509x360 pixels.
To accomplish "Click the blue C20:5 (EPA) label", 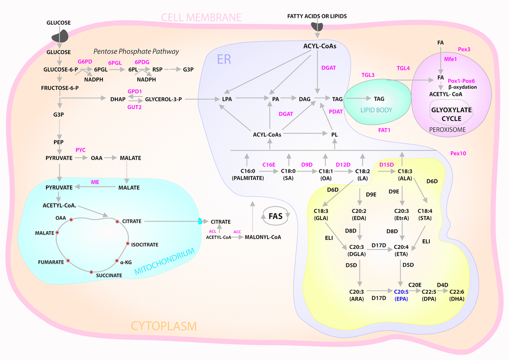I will [402, 295].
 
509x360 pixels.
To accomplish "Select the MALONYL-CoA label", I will [262, 237].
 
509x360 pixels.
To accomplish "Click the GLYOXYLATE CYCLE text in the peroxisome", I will [452, 115].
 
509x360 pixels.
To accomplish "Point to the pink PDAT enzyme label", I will [336, 112].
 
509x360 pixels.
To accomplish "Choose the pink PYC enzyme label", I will [81, 150].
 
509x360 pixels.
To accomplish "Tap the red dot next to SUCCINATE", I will [91, 271].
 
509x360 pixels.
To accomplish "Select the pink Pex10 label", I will [458, 154].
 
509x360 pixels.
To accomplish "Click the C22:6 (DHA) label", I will [457, 295].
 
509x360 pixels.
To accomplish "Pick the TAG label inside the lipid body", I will [379, 99].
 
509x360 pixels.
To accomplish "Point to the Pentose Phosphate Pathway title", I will [136, 52].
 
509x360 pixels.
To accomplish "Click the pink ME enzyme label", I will [94, 182].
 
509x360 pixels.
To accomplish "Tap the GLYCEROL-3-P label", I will [163, 99].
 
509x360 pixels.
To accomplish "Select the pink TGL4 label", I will [403, 68].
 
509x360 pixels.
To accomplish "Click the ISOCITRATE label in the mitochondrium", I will [145, 245].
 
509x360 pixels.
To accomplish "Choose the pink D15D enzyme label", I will [387, 164].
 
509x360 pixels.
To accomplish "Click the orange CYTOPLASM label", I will [164, 326].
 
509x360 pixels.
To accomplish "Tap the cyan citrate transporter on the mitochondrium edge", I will [200, 221].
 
